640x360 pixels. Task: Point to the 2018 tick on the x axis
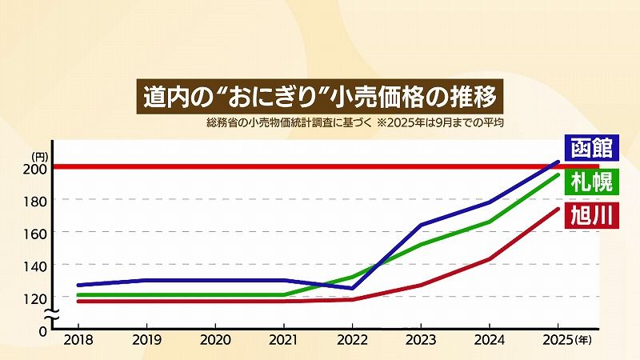pyautogui.click(x=78, y=339)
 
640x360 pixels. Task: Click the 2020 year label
pyautogui.click(x=215, y=339)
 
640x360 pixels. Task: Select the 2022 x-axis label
pyautogui.click(x=353, y=339)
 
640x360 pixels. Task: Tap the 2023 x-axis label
pyautogui.click(x=421, y=339)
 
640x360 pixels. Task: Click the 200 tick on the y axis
pyautogui.click(x=38, y=168)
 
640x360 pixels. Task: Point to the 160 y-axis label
pyautogui.click(x=38, y=232)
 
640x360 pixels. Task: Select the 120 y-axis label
pyautogui.click(x=38, y=297)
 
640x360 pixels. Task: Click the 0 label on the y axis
pyautogui.click(x=44, y=329)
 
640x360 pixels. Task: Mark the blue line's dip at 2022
pyautogui.click(x=353, y=288)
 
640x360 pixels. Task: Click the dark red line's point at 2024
pyautogui.click(x=490, y=258)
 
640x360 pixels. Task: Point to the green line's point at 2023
pyautogui.click(x=421, y=244)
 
